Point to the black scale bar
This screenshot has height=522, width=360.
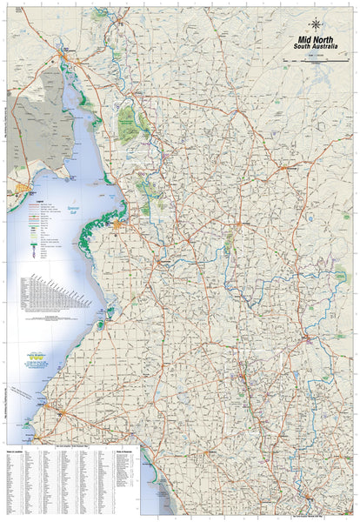pos(322,59)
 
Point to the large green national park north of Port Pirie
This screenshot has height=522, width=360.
pos(130,122)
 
